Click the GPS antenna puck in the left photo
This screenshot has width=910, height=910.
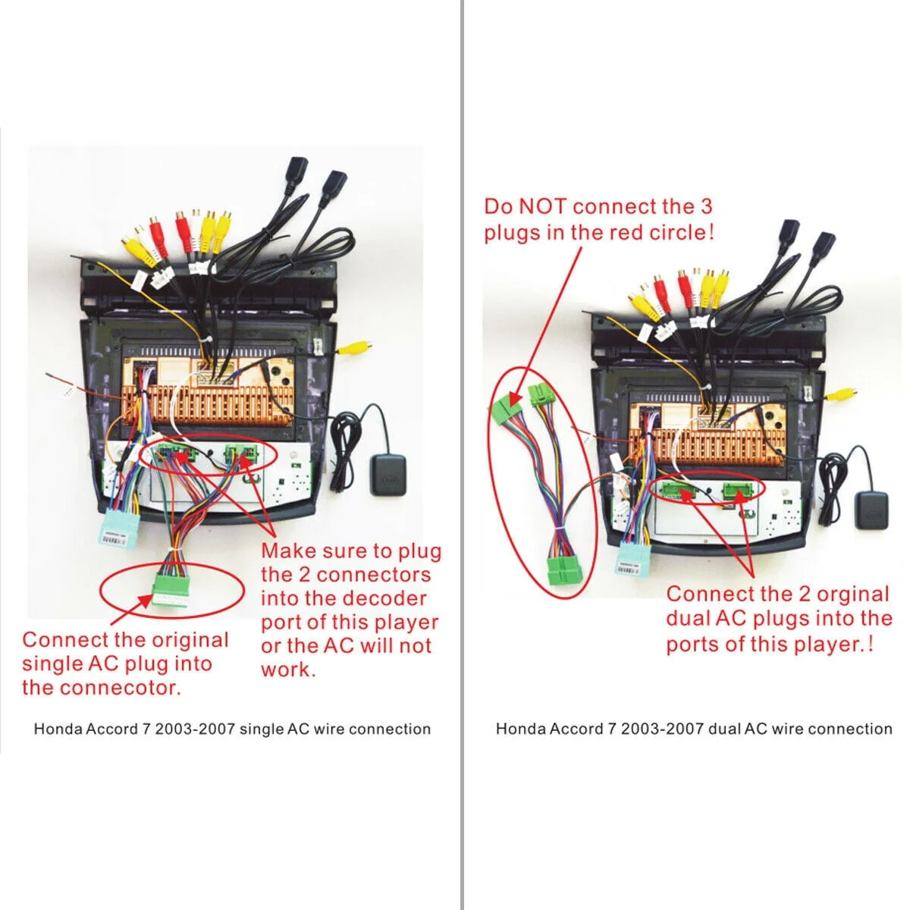tap(388, 475)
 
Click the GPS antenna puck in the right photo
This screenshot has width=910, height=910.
tap(872, 510)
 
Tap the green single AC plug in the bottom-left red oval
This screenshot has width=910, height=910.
tap(170, 589)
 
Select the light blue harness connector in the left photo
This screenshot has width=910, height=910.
tap(121, 528)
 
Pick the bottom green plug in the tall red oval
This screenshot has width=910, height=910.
tap(564, 570)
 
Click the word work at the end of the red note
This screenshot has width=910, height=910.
tap(288, 669)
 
